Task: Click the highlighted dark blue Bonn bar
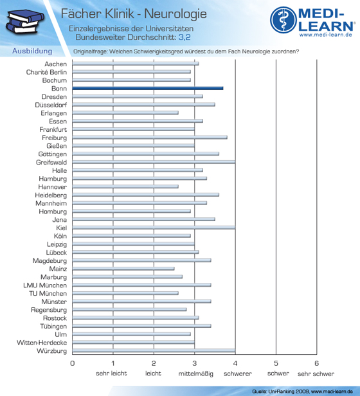(148, 88)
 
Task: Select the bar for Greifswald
(154, 162)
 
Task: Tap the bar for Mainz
(123, 269)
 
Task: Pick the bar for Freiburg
(150, 138)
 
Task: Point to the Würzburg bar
(154, 350)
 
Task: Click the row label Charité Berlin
(46, 72)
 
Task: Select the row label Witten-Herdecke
(42, 343)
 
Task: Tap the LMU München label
(45, 285)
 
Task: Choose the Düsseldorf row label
(51, 105)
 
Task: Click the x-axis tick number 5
(276, 363)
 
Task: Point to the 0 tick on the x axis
(72, 363)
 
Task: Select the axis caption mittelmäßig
(196, 373)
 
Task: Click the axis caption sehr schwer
(316, 373)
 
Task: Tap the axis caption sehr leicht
(111, 373)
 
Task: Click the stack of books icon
(25, 22)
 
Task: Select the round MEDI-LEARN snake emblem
(283, 20)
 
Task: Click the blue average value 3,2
(184, 37)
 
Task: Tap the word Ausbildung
(32, 51)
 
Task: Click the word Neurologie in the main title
(175, 14)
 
